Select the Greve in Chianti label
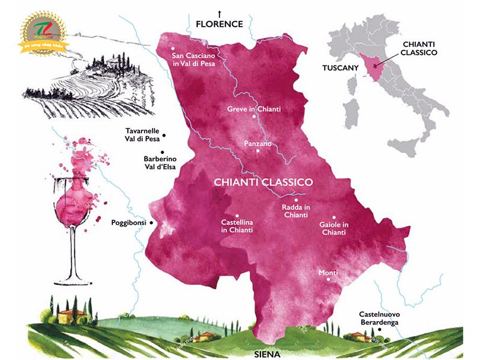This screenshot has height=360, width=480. tap(254, 109)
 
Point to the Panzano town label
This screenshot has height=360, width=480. tap(259, 144)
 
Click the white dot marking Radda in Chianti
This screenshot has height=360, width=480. tap(295, 200)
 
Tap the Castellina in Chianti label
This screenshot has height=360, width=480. tap(237, 226)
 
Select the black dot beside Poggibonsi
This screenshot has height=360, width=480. tap(151, 223)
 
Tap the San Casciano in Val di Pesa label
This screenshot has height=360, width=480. tap(193, 59)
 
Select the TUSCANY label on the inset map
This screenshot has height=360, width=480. tap(340, 68)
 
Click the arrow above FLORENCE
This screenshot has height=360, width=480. tap(220, 13)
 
